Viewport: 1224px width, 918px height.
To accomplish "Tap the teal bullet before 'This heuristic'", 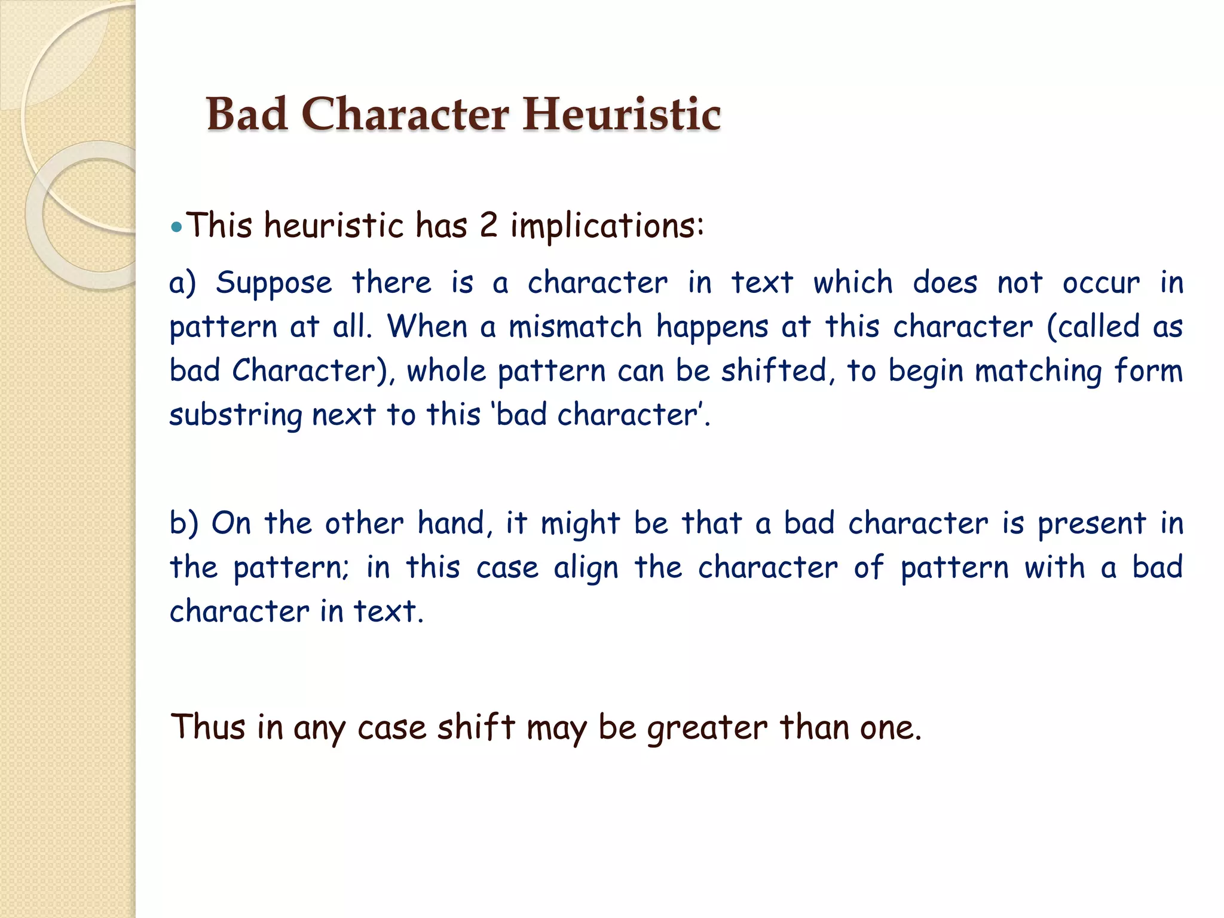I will point(176,227).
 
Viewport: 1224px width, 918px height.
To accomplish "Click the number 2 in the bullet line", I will point(488,226).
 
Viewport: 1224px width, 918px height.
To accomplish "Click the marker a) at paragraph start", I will point(182,283).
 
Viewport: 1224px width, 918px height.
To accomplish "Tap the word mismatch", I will point(575,327).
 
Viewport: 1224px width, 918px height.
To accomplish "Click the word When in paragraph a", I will point(427,326).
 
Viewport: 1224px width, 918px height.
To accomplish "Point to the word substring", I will point(236,415).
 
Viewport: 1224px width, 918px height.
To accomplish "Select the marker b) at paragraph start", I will point(183,523).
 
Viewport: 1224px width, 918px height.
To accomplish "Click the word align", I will point(585,568).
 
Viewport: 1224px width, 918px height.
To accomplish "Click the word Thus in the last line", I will point(208,727).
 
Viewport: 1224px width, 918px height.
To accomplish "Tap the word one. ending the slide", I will point(891,728).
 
